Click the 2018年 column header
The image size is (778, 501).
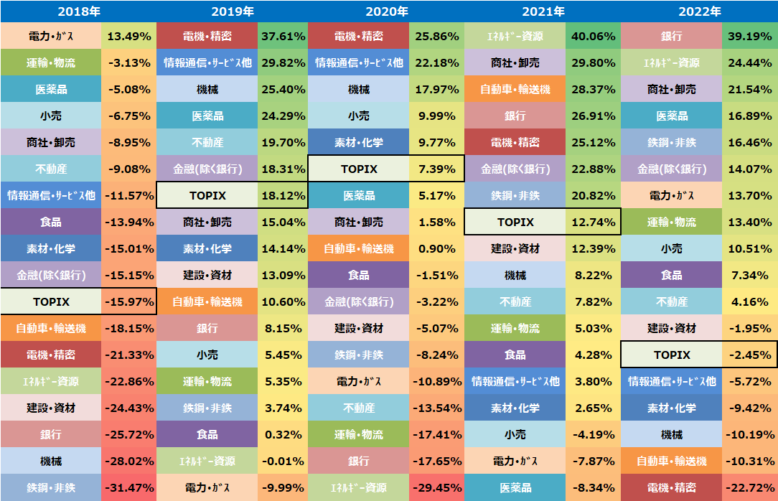(78, 11)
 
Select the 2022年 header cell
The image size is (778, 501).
(699, 11)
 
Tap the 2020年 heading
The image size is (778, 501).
(387, 11)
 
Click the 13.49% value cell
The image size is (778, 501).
(128, 36)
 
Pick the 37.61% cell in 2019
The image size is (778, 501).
(283, 36)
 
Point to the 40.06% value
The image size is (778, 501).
(593, 36)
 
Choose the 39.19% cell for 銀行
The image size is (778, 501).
(749, 36)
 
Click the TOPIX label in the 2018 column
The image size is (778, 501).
(51, 301)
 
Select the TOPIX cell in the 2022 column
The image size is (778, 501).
(672, 355)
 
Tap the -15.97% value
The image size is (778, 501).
(128, 301)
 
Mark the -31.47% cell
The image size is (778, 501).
(128, 487)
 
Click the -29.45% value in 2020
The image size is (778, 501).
(437, 487)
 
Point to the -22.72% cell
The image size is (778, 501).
(749, 487)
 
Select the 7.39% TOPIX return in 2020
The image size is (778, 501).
(437, 169)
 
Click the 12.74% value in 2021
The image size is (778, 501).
(593, 222)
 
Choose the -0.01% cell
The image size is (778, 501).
(283, 461)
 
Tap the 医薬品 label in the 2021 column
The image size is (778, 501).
(515, 487)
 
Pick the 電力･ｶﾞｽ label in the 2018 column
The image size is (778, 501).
(51, 36)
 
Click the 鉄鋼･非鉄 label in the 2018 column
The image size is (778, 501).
(51, 487)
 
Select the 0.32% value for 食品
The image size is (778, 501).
(283, 434)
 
